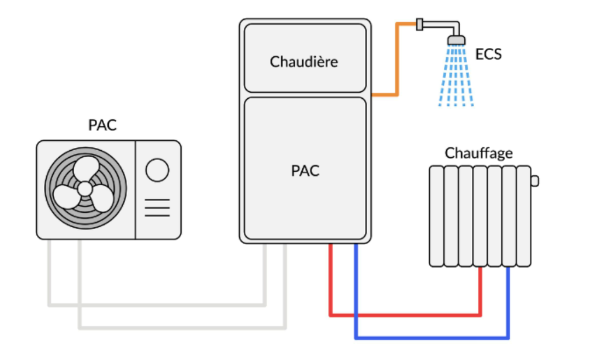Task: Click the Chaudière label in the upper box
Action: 304,61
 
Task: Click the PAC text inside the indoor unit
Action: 305,171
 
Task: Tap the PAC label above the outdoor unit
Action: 102,125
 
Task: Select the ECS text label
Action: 488,55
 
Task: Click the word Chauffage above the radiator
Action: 478,153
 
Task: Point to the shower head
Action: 456,40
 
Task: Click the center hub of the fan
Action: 85,189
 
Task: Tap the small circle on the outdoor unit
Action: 157,170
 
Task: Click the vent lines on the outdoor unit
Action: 157,207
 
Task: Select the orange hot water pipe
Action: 397,58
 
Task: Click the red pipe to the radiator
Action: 403,315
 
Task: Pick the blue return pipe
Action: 433,338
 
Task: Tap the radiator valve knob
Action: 534,181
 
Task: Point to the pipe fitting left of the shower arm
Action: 419,24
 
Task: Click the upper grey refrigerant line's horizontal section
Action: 158,304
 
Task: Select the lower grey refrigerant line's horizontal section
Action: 181,327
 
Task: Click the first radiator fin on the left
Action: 436,216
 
